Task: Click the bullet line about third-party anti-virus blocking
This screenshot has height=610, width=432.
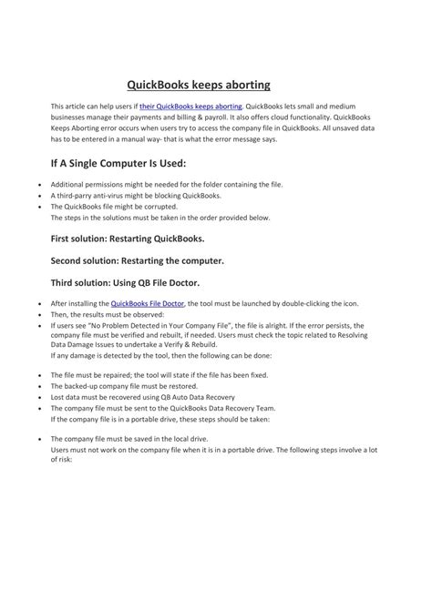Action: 135,196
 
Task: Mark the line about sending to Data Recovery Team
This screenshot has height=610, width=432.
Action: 174,407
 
